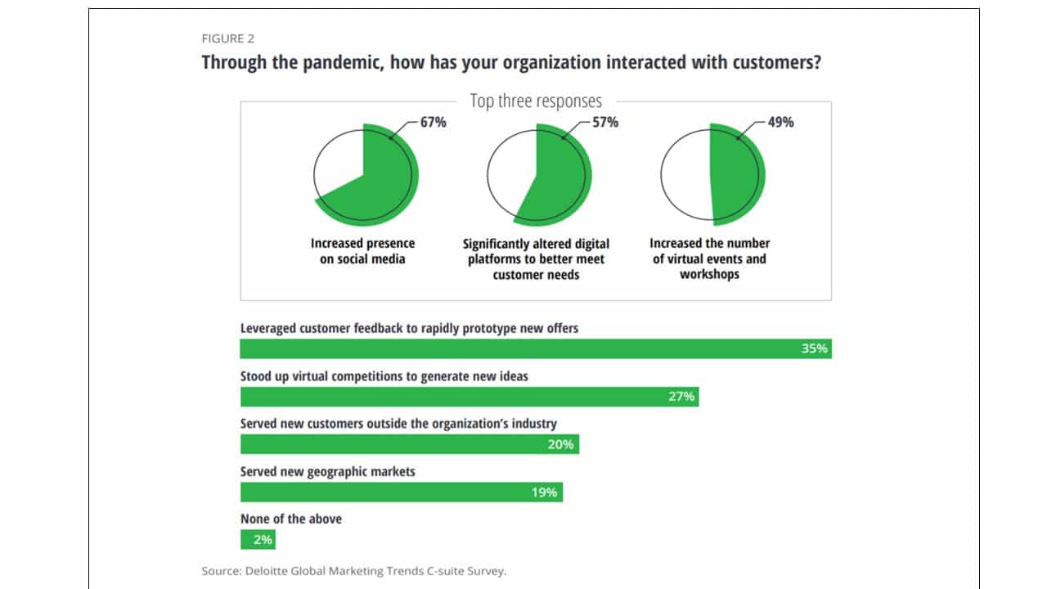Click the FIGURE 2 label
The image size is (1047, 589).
click(228, 38)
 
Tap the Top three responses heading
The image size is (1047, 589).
click(536, 101)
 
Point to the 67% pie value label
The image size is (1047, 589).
click(434, 122)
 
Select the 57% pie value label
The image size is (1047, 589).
click(605, 122)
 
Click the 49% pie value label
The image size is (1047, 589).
click(780, 122)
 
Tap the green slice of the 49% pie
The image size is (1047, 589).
click(736, 175)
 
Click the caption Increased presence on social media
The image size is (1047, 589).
click(362, 251)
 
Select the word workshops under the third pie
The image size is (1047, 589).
click(709, 274)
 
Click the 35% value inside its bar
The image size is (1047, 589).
click(814, 348)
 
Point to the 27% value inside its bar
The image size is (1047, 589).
click(681, 397)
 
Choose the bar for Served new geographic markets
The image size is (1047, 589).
click(402, 492)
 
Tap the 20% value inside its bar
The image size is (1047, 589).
click(560, 444)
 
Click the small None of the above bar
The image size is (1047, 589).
click(258, 539)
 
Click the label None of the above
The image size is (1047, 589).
click(290, 519)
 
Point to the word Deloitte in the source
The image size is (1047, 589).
click(267, 571)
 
